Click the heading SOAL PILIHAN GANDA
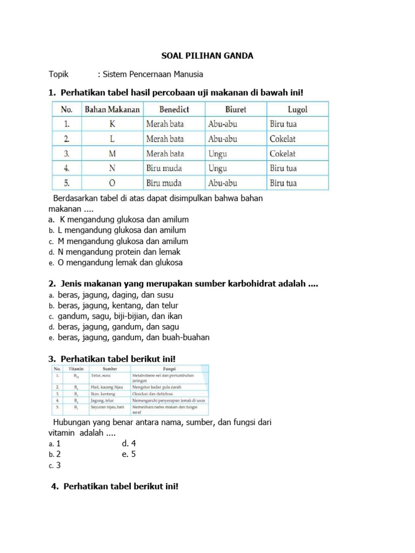click(x=208, y=56)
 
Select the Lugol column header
click(x=297, y=109)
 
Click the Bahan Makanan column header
click(x=112, y=109)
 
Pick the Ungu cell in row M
click(x=218, y=153)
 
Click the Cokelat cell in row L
click(x=283, y=139)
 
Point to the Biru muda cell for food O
click(x=164, y=183)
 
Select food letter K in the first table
click(x=112, y=124)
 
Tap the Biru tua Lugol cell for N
click(x=283, y=168)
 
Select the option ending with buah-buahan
click(x=133, y=337)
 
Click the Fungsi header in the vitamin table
click(x=166, y=368)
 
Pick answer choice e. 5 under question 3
click(x=129, y=454)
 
